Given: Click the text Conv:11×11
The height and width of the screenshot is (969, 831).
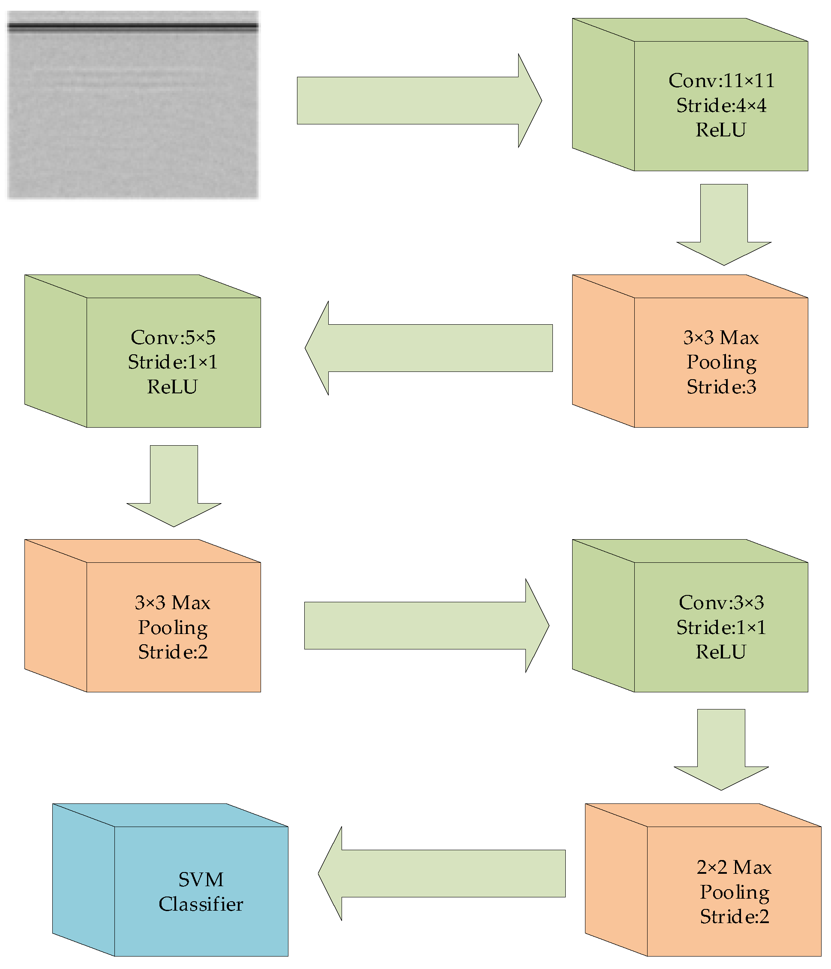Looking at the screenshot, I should pos(721,81).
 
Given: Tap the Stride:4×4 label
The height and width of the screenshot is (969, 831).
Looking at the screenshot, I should pos(721,106).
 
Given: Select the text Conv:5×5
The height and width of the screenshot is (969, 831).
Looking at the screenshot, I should pos(173,338).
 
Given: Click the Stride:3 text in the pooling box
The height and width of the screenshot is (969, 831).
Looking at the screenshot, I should pos(721,387).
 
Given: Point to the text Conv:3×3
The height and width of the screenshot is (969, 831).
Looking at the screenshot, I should pos(721,603).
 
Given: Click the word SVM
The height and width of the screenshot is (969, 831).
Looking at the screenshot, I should pos(201,880).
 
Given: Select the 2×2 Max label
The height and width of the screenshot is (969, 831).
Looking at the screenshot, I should pos(734,867).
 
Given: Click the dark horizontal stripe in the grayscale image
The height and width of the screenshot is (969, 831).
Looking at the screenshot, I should pos(133,27).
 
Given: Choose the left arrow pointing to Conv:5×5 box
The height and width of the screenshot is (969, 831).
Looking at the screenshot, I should pos(430,348).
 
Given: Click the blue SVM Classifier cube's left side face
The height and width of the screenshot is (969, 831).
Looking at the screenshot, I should pos(84,879).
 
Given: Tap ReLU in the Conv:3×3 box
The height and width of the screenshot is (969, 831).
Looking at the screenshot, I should pos(721,652).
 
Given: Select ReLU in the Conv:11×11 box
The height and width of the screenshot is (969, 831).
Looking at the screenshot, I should pos(721,130).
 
